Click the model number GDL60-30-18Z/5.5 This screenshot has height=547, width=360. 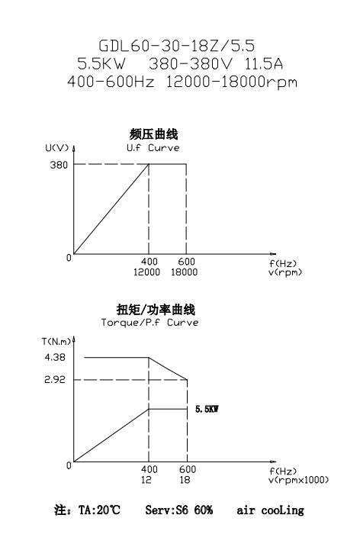(177, 46)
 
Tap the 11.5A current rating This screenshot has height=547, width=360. (263, 64)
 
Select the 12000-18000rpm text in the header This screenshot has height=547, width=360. (231, 82)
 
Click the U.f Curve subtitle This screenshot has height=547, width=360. (153, 148)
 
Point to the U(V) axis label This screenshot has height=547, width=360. (57, 148)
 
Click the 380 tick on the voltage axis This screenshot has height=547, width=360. (59, 165)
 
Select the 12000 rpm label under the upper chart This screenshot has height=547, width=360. (146, 272)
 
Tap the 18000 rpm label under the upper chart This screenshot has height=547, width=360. (184, 272)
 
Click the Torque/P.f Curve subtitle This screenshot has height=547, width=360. (149, 323)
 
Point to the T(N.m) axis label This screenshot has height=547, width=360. (56, 341)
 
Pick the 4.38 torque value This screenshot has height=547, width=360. (55, 357)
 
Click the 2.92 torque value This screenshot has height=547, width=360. (55, 380)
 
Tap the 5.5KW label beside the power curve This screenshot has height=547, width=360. (207, 409)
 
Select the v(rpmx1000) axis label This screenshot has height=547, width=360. (299, 481)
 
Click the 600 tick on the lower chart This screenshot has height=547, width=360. (188, 469)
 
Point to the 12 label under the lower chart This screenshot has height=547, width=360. (146, 480)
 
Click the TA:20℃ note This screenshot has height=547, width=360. (99, 510)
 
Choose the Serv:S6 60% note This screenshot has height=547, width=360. (179, 510)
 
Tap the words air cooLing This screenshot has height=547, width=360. (270, 510)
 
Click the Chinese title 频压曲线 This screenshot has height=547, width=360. (153, 134)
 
